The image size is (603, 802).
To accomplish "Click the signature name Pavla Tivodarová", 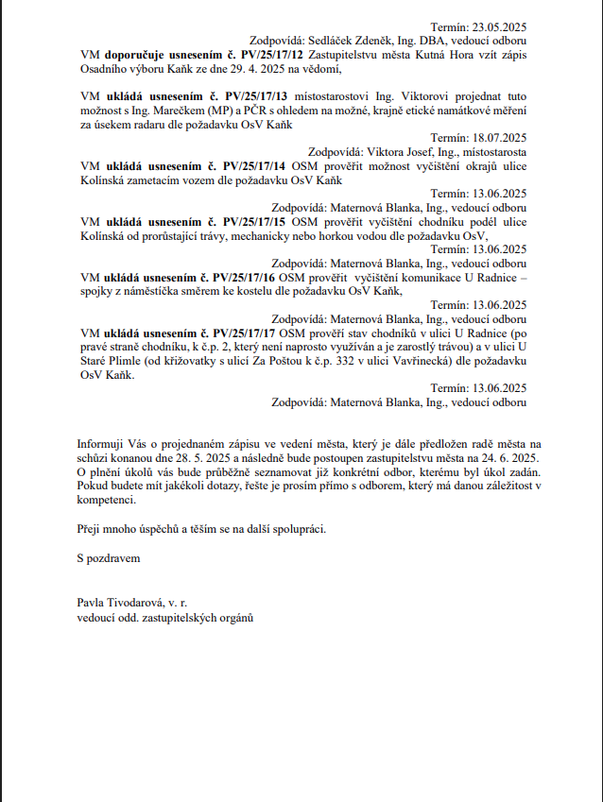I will [121, 602].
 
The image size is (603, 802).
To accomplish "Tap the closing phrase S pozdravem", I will [109, 559].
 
